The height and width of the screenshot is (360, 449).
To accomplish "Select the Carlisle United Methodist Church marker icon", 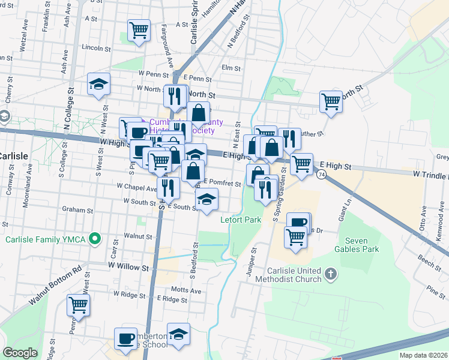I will point(330,275).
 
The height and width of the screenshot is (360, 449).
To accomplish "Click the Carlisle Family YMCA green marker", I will point(94,239).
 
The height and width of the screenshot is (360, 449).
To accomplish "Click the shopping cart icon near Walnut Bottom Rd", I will point(79,305).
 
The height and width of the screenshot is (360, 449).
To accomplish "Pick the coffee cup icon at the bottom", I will point(126,338).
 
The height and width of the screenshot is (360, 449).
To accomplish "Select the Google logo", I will point(20,353).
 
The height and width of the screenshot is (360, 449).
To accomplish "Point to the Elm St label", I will point(231,68).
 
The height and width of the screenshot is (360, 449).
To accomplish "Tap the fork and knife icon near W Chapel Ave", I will point(168,187).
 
